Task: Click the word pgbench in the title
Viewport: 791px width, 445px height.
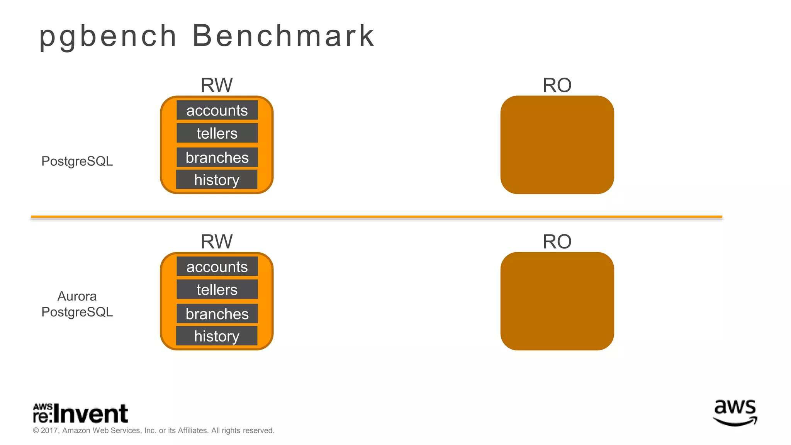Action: [108, 36]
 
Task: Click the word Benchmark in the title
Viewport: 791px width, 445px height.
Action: [283, 36]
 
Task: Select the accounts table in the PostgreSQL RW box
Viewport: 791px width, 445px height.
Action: [217, 110]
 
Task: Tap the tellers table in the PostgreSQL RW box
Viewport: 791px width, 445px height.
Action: [217, 133]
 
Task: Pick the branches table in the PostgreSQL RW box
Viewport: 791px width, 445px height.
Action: [217, 158]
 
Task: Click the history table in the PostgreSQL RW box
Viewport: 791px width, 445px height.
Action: [217, 180]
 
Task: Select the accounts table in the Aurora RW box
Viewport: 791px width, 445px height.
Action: [217, 267]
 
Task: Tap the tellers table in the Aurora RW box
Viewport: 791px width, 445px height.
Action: [217, 290]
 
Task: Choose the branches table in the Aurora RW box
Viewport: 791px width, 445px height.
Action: [217, 314]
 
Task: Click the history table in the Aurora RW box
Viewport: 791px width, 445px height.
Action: [217, 336]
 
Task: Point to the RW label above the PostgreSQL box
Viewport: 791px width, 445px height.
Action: [217, 85]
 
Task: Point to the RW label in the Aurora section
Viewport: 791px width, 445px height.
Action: [217, 242]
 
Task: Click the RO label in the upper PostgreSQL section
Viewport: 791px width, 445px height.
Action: [557, 85]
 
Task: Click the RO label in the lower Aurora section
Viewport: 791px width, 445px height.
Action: [557, 242]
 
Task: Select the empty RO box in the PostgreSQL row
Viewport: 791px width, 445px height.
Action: [557, 145]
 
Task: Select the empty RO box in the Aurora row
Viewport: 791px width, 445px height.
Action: [557, 301]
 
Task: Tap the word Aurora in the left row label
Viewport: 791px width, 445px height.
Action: [77, 296]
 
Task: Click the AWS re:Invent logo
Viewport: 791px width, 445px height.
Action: [80, 414]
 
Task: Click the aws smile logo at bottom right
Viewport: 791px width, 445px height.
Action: [735, 413]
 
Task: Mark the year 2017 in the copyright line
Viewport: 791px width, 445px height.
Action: [49, 431]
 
